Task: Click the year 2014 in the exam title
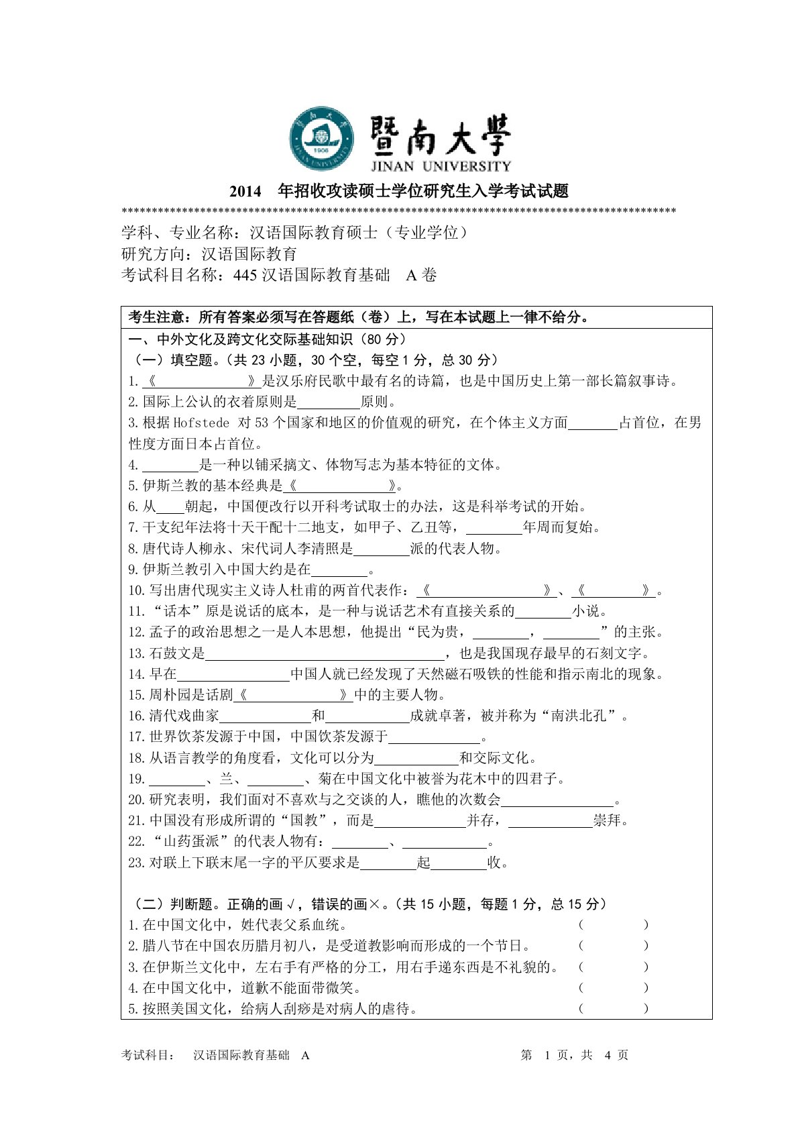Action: [245, 192]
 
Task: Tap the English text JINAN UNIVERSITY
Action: [441, 166]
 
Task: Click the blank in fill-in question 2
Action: [328, 402]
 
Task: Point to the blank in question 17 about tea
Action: [435, 737]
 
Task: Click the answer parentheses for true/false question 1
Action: [613, 925]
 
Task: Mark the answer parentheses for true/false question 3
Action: [613, 967]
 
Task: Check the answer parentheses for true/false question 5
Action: [613, 1009]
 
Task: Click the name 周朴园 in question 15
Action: [170, 695]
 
